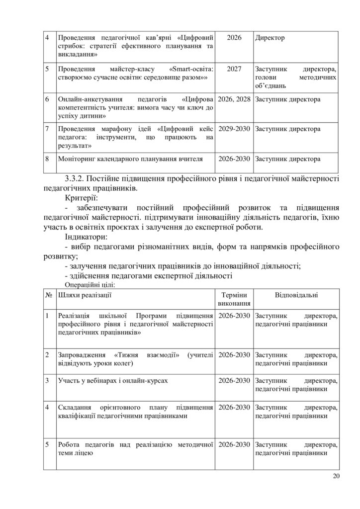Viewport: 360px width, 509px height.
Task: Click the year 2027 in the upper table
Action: coord(234,69)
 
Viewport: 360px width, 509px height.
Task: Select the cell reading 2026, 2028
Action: coord(234,99)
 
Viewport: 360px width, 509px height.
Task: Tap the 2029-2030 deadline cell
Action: coord(234,129)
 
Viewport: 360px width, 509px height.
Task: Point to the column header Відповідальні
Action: coord(297,295)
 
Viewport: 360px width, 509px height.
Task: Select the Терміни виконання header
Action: coord(234,299)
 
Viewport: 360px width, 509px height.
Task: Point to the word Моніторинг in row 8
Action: coord(80,159)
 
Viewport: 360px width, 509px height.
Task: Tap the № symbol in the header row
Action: coord(49,295)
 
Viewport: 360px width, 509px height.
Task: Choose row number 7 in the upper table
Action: coord(47,129)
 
